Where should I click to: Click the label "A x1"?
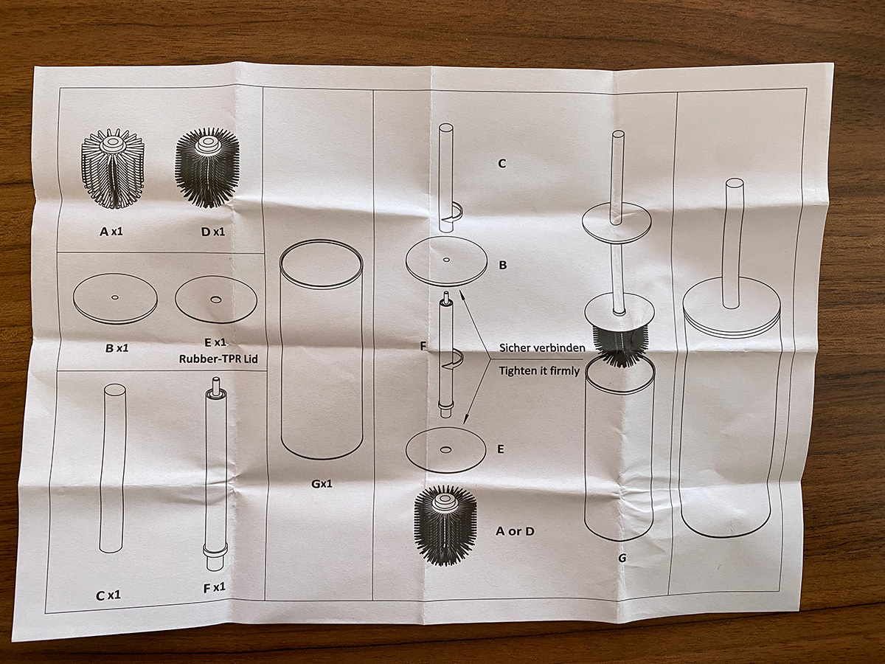pos(111,232)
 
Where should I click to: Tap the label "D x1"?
pos(213,232)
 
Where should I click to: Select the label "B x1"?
pos(117,348)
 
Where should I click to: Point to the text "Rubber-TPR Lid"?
pos(218,359)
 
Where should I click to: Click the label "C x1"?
pos(108,595)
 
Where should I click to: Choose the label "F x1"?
pos(214,588)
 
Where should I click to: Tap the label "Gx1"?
pos(322,483)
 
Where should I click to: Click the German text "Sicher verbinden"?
pos(542,347)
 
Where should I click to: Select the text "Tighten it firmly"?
pos(539,370)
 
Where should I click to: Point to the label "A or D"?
pos(515,531)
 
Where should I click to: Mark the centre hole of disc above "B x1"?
pos(115,297)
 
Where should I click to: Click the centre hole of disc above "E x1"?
pos(215,299)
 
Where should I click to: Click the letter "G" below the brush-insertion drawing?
pos(622,558)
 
